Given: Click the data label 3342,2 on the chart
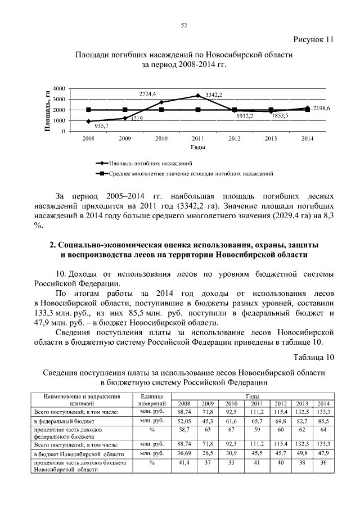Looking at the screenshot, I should pos(214,94).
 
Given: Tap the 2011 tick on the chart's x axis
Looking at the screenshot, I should pos(197,138).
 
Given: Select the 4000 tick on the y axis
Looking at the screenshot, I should pos(59,89).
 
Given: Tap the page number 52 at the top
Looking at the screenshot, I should pos(183,25).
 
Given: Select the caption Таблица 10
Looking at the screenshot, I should pos(314,357).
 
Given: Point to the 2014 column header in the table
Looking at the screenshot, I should pos(323,403).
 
